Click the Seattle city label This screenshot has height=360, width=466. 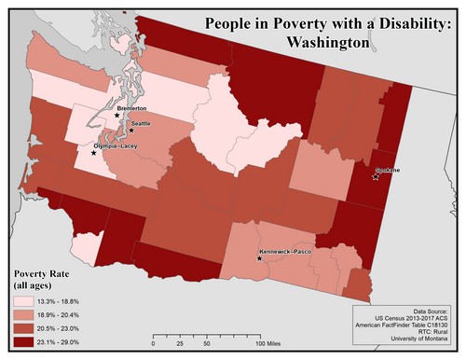pyautogui.click(x=141, y=124)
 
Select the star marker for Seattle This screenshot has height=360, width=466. pyautogui.click(x=131, y=131)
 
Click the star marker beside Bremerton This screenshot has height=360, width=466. pyautogui.click(x=117, y=116)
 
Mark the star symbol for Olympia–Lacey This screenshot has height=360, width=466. pyautogui.click(x=93, y=153)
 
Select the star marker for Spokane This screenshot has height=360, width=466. pyautogui.click(x=376, y=177)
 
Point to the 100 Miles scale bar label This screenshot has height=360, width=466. pyautogui.click(x=270, y=344)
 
